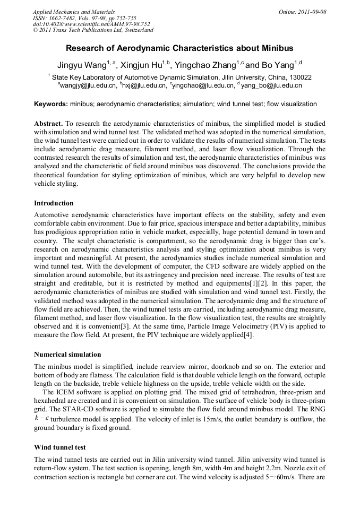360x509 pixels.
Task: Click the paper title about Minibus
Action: (179, 48)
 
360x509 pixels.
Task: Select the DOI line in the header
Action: (91, 24)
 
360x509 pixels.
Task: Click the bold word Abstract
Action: (48, 123)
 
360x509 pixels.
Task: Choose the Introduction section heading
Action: (54, 203)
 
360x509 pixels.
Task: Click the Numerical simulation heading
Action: (67, 354)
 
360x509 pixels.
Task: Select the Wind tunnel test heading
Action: (59, 447)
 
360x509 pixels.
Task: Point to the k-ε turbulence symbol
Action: (41, 418)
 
